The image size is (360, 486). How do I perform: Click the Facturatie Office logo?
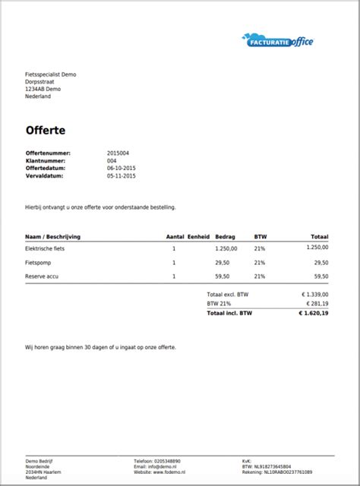pyautogui.click(x=277, y=40)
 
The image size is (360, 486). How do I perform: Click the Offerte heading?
pyautogui.click(x=45, y=131)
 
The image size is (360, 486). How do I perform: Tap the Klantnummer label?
pyautogui.click(x=45, y=160)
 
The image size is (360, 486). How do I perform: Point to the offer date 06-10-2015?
pyautogui.click(x=122, y=168)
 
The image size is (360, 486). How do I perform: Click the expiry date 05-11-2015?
pyautogui.click(x=122, y=175)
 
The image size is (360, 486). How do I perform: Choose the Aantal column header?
pyautogui.click(x=175, y=236)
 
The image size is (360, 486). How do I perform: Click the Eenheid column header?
pyautogui.click(x=199, y=236)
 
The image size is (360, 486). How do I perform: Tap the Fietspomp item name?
pyautogui.click(x=39, y=262)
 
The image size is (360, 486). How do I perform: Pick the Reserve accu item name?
pyautogui.click(x=43, y=276)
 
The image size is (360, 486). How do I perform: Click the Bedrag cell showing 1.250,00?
pyautogui.click(x=226, y=248)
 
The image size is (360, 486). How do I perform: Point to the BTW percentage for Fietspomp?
pyautogui.click(x=260, y=262)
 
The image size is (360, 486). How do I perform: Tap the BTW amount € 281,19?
pyautogui.click(x=315, y=303)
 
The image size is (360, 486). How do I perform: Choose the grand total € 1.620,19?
pyautogui.click(x=313, y=312)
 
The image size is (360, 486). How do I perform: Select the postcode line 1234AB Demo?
pyautogui.click(x=43, y=89)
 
